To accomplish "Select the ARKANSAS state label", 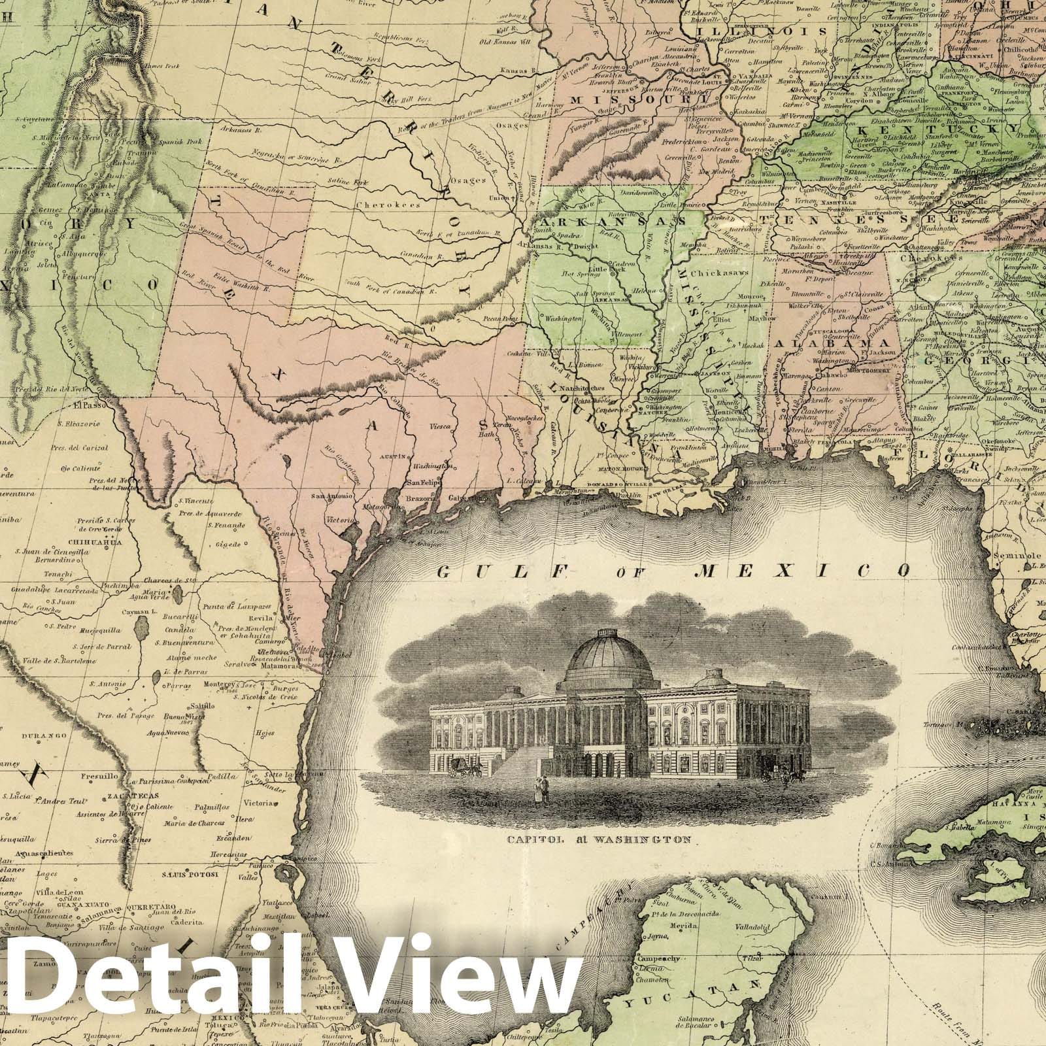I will (618, 221).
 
